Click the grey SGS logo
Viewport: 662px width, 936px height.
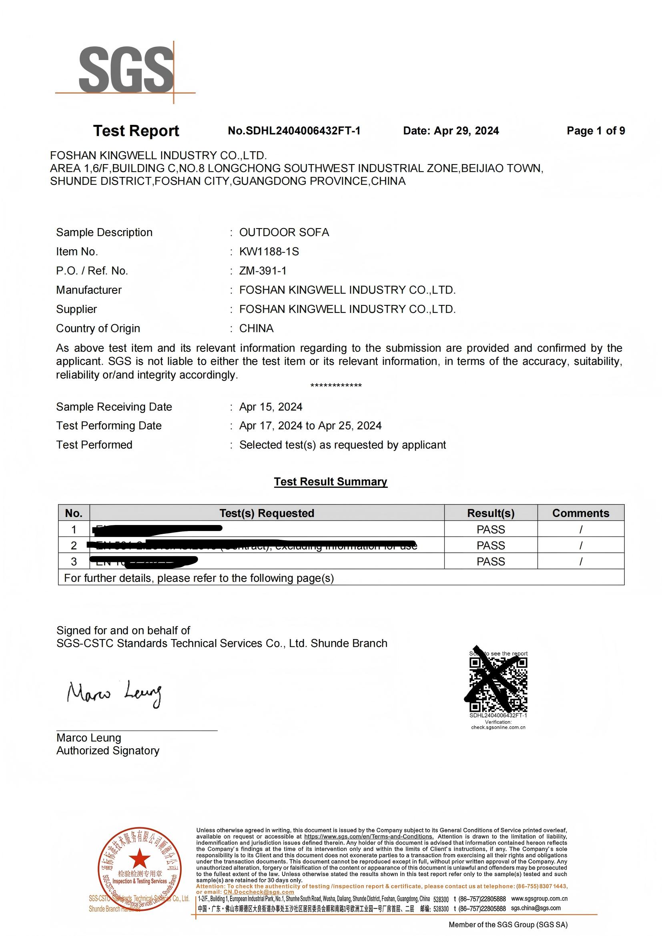coord(126,70)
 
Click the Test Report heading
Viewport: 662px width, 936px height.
coord(136,131)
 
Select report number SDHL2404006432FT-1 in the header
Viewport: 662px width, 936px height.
coord(294,131)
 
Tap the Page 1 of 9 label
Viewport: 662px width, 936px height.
coord(596,131)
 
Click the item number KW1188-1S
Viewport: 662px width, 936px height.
coord(269,252)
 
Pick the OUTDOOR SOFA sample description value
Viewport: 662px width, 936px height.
coord(284,232)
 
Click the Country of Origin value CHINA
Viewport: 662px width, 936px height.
coord(257,329)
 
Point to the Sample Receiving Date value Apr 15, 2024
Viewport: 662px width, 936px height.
coord(271,407)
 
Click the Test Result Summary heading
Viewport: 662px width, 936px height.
coord(331,481)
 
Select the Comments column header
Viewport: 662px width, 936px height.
coord(580,513)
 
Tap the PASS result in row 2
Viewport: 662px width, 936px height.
coord(491,545)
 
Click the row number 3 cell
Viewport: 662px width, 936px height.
coord(74,562)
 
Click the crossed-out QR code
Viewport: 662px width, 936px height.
coord(498,685)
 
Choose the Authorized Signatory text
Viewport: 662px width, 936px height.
coord(108,751)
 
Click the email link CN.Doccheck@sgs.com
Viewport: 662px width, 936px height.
coord(259,892)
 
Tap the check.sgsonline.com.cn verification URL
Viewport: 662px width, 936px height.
coord(498,727)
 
